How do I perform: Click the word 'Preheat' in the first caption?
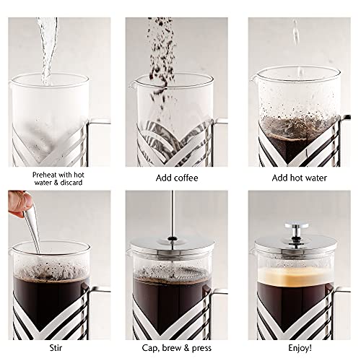click(46, 174)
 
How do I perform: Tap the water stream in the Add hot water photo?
click(295, 36)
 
